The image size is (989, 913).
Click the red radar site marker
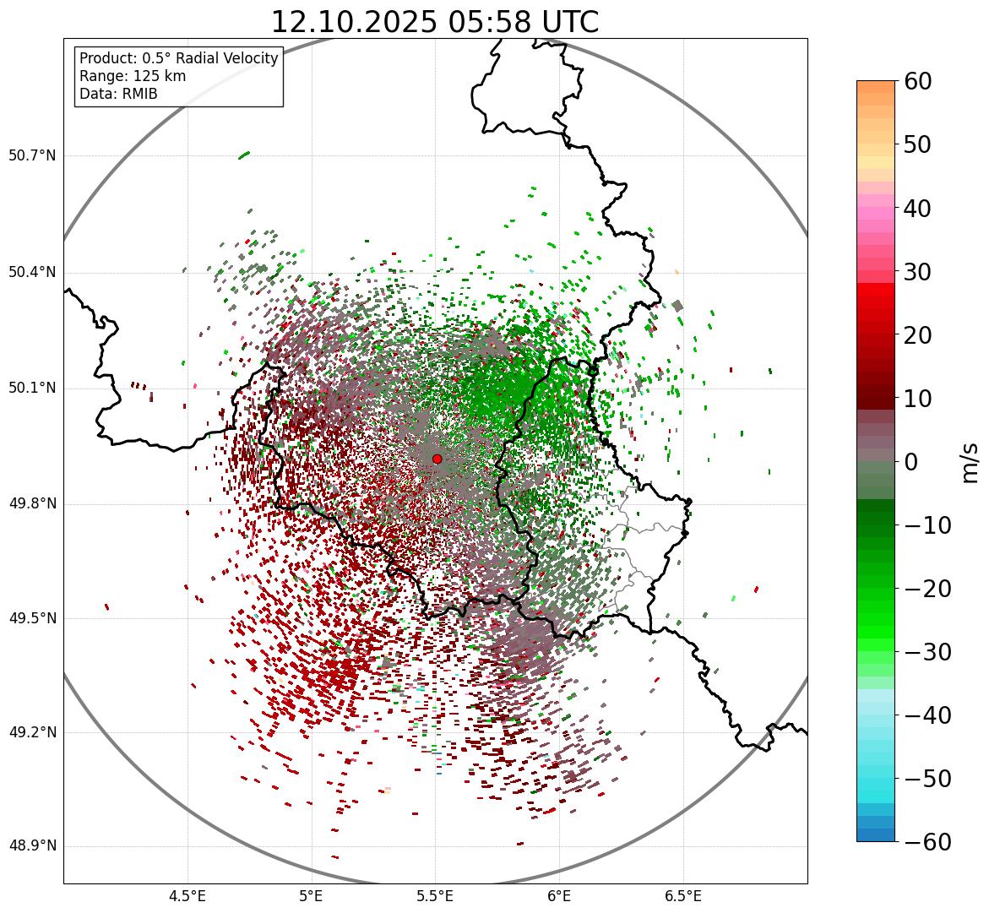point(437,459)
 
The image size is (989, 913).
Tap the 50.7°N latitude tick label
point(32,155)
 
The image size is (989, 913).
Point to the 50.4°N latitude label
point(32,272)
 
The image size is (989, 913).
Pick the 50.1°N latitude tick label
point(32,389)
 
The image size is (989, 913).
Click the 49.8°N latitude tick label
point(32,504)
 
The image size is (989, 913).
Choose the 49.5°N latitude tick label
point(32,618)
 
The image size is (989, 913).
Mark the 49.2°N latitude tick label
point(32,732)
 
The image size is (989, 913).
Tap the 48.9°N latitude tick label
point(32,846)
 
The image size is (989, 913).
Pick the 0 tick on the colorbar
point(911,462)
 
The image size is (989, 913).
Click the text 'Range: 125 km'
point(133,76)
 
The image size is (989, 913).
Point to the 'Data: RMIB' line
point(118,94)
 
